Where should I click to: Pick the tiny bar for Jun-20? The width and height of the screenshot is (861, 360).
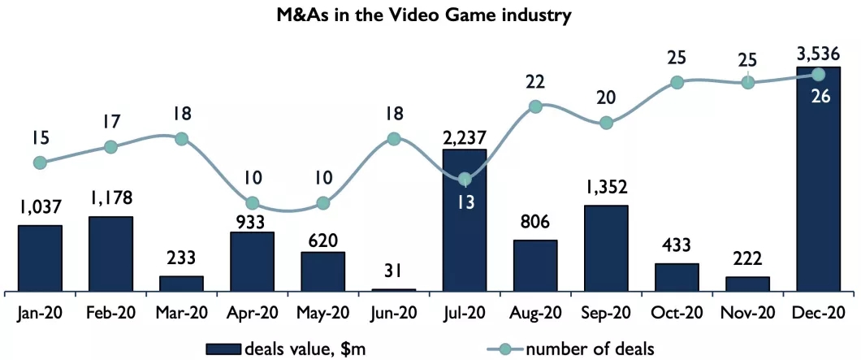tap(394, 289)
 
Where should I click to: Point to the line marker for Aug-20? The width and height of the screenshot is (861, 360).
tap(535, 106)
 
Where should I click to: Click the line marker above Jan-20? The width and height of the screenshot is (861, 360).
tap(41, 163)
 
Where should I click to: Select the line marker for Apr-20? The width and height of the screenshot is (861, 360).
tap(253, 202)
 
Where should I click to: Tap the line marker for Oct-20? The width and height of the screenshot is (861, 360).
tap(677, 82)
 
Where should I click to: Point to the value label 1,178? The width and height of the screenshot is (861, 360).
tap(111, 197)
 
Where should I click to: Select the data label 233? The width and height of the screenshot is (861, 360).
tap(182, 259)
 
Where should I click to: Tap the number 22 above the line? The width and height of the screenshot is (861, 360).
tap(535, 82)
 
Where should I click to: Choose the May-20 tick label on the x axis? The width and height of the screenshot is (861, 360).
tap(323, 311)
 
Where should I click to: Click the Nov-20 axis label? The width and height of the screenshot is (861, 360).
tap(747, 311)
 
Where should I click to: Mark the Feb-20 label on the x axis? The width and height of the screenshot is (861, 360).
tap(111, 311)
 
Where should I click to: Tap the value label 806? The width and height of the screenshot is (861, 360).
tap(535, 221)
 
